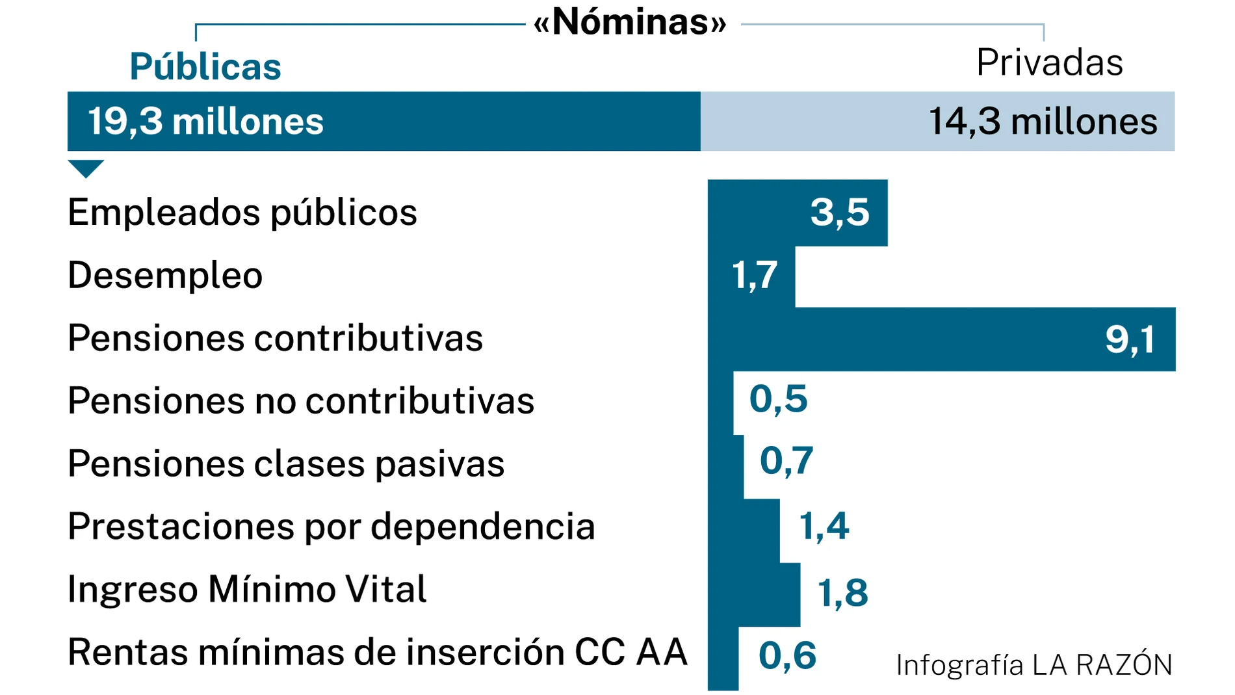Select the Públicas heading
(x=205, y=66)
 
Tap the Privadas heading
(x=1049, y=63)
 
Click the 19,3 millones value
(x=205, y=122)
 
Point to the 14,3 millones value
(x=1043, y=122)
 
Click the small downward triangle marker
(x=86, y=168)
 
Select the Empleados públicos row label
(x=242, y=213)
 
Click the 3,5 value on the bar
(x=839, y=213)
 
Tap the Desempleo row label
(x=165, y=275)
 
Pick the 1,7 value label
(x=754, y=275)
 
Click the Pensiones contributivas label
(x=275, y=338)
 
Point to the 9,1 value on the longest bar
(x=1130, y=339)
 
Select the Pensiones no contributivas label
(x=301, y=400)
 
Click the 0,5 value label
(x=778, y=399)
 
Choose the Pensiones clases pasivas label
(x=286, y=464)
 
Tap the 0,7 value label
(x=786, y=461)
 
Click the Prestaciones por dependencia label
(x=331, y=526)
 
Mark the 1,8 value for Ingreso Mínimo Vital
(x=842, y=593)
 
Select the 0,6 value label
(x=787, y=655)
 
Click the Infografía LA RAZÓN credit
(x=1033, y=665)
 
